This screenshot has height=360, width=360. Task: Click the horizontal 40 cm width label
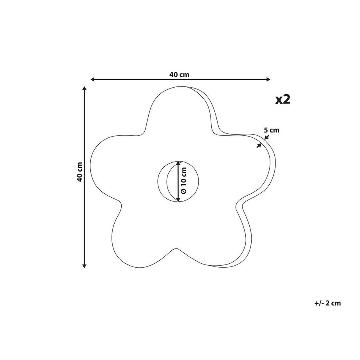click(179, 75)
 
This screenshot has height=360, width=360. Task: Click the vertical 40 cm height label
click(80, 172)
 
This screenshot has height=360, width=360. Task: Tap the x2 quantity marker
click(283, 99)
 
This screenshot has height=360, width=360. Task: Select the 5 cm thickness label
click(272, 130)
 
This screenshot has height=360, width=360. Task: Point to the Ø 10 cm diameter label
click(184, 180)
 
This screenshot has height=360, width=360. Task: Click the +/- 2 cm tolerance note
click(328, 303)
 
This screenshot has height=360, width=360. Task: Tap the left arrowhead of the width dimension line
click(92, 79)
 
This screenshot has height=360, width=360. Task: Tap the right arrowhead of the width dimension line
click(268, 79)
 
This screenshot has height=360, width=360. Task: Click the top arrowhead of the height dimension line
click(85, 88)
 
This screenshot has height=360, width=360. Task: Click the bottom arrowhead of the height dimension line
click(85, 266)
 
